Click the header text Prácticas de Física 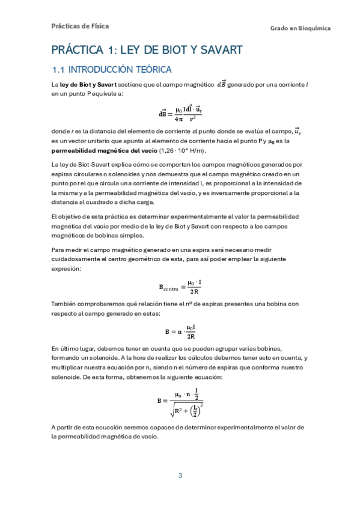click(80, 26)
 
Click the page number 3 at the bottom click(180, 476)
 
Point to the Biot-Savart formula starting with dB click(180, 112)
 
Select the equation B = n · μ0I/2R click(180, 331)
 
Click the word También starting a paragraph click(64, 304)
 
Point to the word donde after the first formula click(62, 130)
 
